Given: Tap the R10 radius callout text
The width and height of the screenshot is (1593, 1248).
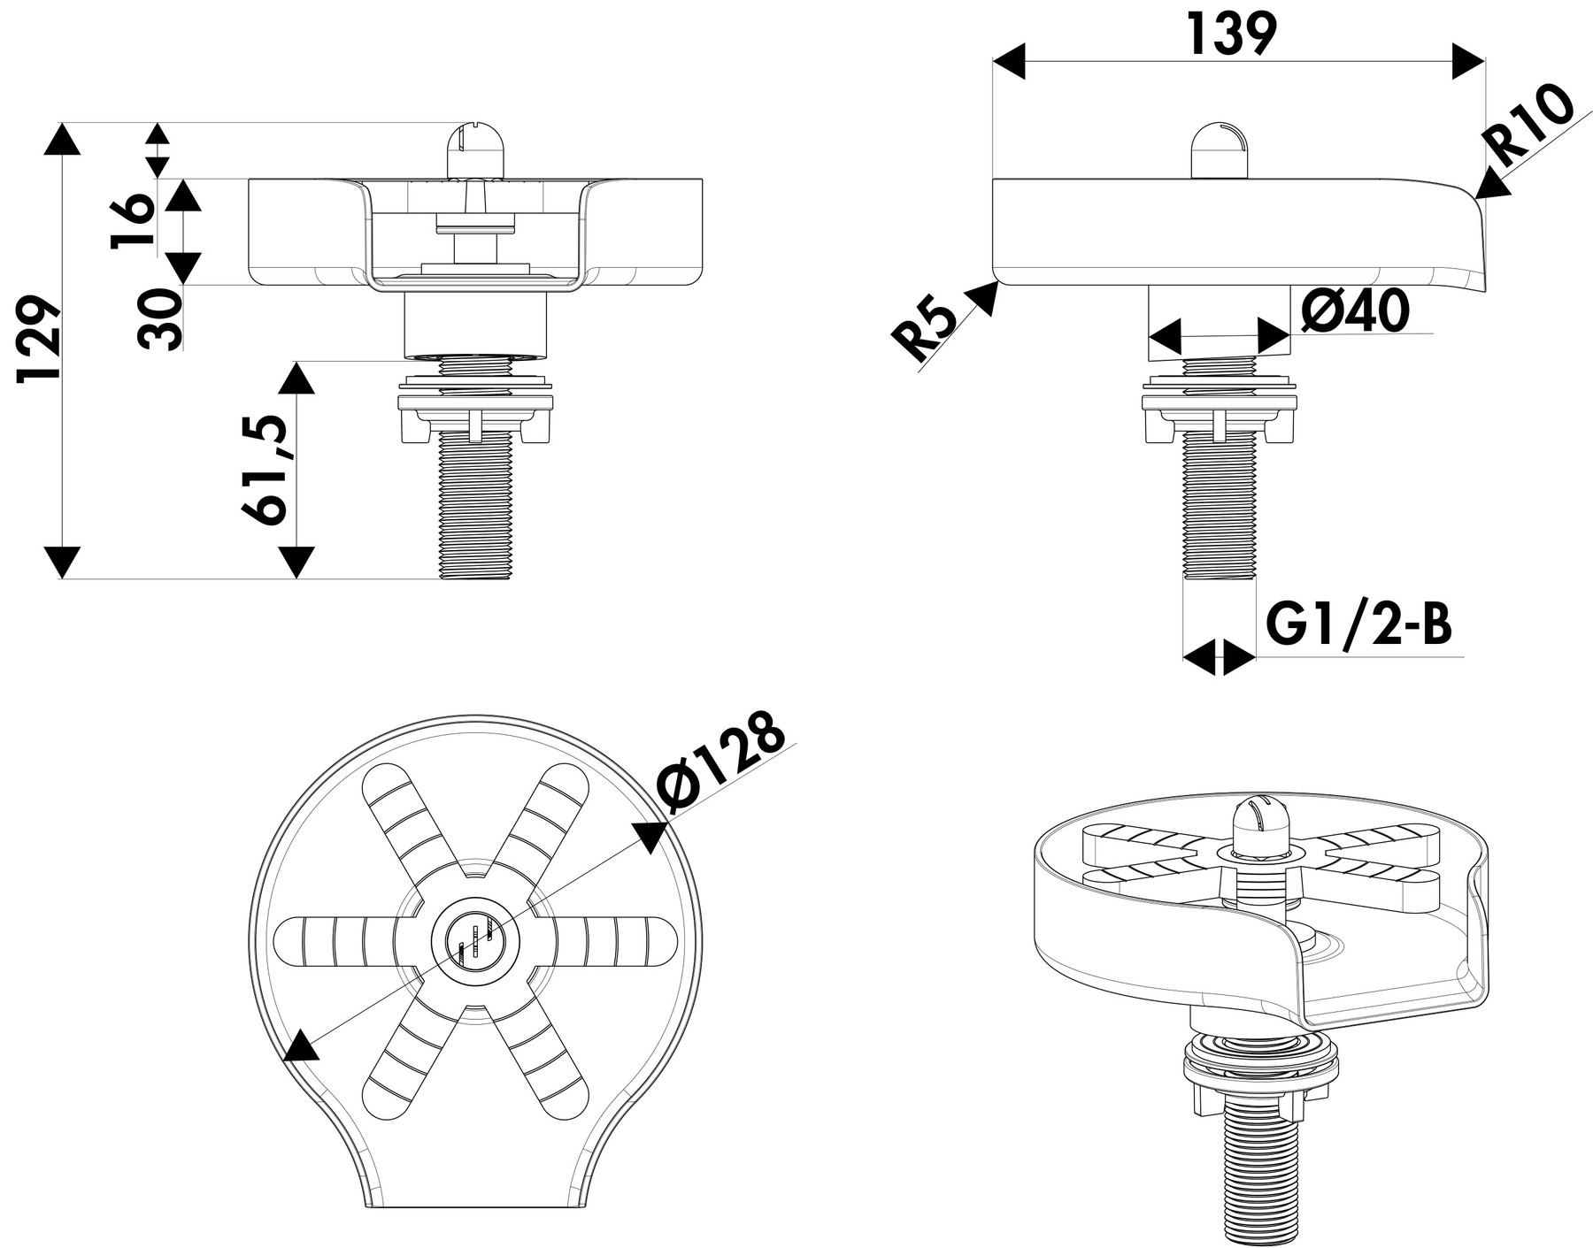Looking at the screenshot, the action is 1530,126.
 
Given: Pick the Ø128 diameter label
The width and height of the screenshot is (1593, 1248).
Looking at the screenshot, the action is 722,763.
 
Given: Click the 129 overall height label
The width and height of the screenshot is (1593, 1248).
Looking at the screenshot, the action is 40,341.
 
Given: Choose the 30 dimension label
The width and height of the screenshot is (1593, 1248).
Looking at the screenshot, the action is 160,319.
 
